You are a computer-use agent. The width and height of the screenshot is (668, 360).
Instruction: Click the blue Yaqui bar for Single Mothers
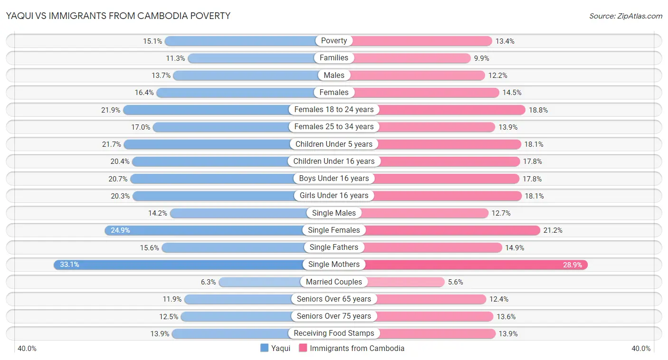[x=181, y=265]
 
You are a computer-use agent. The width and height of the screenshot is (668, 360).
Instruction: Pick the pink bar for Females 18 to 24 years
[x=451, y=110]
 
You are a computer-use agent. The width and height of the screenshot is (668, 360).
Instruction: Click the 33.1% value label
[x=69, y=265]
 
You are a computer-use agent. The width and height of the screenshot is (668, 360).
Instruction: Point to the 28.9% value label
[x=573, y=265]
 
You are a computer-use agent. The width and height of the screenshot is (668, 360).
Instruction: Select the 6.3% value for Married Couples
[x=208, y=282]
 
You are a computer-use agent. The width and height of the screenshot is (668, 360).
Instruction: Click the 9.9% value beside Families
[x=481, y=58]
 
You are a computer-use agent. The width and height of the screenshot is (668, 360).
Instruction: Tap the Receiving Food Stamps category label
[x=334, y=333]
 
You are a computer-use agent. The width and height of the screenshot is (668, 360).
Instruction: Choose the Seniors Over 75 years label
[x=334, y=316]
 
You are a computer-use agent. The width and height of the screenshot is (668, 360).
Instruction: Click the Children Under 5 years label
[x=334, y=144]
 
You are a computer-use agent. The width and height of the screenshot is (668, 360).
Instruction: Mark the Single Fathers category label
[x=334, y=247]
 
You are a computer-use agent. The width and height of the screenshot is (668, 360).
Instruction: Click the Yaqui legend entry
[x=276, y=348]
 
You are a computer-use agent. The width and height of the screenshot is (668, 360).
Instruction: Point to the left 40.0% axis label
[x=27, y=349]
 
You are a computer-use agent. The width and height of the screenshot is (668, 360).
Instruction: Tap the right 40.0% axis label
[x=641, y=349]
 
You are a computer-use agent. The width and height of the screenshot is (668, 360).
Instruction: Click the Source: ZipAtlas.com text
[x=625, y=16]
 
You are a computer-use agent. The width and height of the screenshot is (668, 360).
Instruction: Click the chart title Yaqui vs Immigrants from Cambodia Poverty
[x=118, y=16]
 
